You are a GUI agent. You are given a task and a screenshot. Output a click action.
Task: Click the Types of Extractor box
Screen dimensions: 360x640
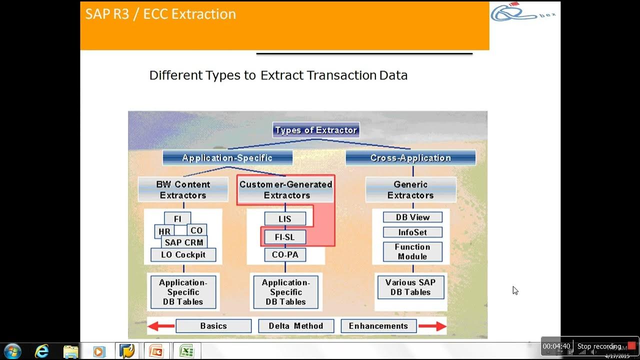click(316, 130)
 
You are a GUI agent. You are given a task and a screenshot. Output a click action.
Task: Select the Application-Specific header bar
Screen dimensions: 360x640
click(227, 158)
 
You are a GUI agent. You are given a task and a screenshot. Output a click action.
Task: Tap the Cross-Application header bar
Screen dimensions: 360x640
click(410, 158)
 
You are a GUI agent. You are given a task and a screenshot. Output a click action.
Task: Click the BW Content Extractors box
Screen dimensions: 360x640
click(183, 190)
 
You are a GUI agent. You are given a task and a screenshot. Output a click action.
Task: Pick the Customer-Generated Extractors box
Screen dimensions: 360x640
click(285, 190)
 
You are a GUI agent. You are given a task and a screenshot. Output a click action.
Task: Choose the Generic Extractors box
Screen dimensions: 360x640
click(410, 190)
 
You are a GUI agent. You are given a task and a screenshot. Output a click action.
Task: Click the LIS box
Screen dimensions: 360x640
click(285, 219)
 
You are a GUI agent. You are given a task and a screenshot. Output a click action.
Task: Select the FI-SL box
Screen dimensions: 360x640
click(284, 237)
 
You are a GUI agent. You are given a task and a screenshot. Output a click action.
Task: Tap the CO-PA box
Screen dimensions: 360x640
click(285, 255)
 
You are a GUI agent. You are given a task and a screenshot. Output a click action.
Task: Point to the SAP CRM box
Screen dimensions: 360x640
click(184, 242)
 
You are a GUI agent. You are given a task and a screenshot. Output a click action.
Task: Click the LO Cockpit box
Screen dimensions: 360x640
click(183, 255)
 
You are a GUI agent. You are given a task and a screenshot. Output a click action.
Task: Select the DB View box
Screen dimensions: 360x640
click(412, 217)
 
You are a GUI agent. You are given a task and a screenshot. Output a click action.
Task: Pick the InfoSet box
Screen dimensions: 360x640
click(412, 232)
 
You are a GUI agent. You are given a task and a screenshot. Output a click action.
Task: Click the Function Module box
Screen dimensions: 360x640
click(412, 251)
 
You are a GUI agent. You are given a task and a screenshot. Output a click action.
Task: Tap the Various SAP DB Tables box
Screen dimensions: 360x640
click(410, 287)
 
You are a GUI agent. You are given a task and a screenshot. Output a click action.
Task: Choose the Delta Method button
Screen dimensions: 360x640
click(295, 326)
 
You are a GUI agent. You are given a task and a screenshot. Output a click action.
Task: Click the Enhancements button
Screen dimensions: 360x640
click(378, 326)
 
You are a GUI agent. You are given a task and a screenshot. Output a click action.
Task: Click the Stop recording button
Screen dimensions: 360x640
click(599, 346)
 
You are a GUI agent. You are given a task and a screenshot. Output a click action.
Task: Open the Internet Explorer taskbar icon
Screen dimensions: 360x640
click(42, 351)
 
